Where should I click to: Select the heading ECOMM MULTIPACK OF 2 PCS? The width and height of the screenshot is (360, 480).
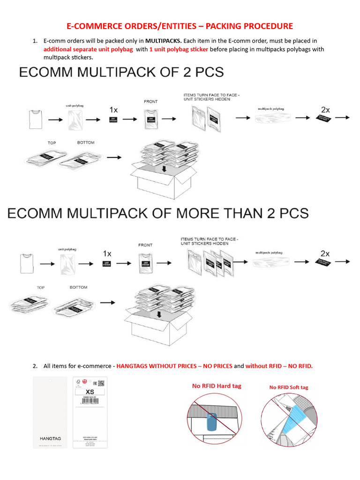tap(121, 72)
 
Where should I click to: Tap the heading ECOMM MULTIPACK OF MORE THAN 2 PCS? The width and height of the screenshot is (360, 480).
tap(158, 213)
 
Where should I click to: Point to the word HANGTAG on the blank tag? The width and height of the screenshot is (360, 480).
tap(50, 438)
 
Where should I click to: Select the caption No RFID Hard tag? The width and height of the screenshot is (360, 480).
tap(217, 386)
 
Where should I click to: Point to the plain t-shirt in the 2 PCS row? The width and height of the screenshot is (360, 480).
tap(35, 119)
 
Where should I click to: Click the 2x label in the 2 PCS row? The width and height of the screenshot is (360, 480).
tap(325, 109)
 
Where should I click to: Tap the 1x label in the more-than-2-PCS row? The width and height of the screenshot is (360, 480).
tap(107, 254)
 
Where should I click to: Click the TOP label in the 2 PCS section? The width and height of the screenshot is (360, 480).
tap(52, 142)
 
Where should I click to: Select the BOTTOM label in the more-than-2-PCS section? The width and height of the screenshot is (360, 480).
tap(78, 287)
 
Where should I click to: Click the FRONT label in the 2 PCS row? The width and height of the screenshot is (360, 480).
tap(150, 101)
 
